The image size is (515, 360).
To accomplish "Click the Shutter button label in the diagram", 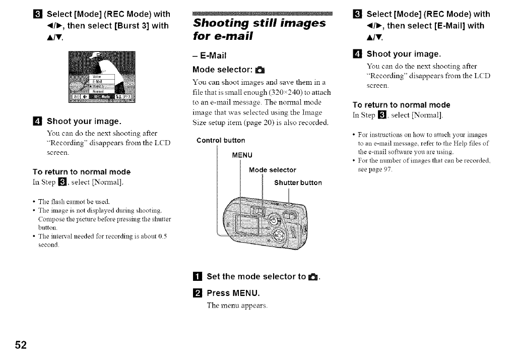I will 297,183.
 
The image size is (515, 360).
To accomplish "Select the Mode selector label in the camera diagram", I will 273,169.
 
